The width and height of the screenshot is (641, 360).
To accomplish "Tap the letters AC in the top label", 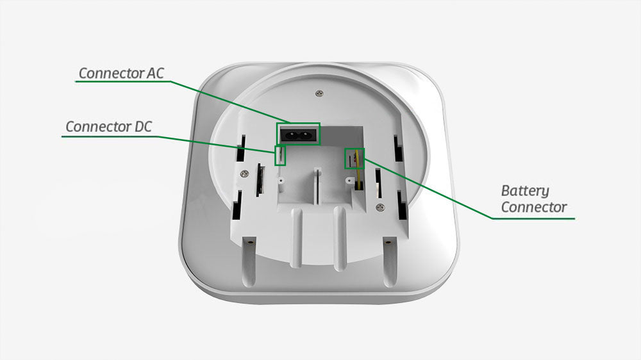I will tap(154, 73).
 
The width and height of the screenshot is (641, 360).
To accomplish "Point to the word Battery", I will tap(525, 191).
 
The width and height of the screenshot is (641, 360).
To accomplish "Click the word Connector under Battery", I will tap(534, 208).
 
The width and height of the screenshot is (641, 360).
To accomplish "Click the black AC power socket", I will tap(297, 135).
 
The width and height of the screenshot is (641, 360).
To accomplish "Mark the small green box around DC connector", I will tap(280, 155).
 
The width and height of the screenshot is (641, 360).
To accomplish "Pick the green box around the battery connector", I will tap(354, 158).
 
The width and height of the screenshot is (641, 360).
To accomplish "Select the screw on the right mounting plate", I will tap(380, 206).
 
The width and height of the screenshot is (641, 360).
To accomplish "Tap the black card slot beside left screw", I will tap(260, 181).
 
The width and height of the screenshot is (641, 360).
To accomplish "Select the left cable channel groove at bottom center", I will tap(297, 237).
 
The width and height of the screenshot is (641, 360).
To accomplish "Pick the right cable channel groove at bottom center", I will tap(340, 237).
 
